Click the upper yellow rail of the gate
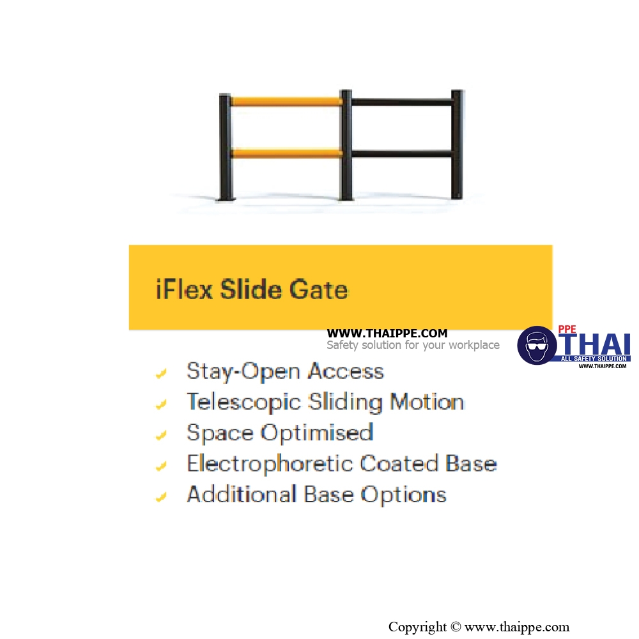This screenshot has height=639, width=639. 286,101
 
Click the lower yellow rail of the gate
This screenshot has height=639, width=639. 286,153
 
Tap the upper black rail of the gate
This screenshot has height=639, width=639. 402,102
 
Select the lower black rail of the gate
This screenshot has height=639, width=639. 402,153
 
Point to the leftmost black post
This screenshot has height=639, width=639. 226,147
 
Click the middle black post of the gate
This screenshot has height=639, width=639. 346,145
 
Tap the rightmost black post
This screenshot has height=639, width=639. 457,144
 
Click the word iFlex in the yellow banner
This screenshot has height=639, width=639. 184,289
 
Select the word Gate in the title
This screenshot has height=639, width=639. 319,289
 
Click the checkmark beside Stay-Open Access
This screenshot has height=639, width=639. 162,373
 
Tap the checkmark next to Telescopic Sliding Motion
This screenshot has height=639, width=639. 162,404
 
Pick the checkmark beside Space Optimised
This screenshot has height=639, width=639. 162,435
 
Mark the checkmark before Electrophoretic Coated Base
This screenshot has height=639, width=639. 162,466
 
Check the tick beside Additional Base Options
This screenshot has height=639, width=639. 162,497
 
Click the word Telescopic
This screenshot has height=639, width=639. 243,403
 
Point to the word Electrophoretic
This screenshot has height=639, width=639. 270,463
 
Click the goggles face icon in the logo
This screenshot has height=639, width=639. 537,345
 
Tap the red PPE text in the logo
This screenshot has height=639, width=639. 567,329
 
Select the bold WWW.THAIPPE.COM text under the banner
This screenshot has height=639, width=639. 387,334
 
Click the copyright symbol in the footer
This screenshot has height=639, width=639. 456,626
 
